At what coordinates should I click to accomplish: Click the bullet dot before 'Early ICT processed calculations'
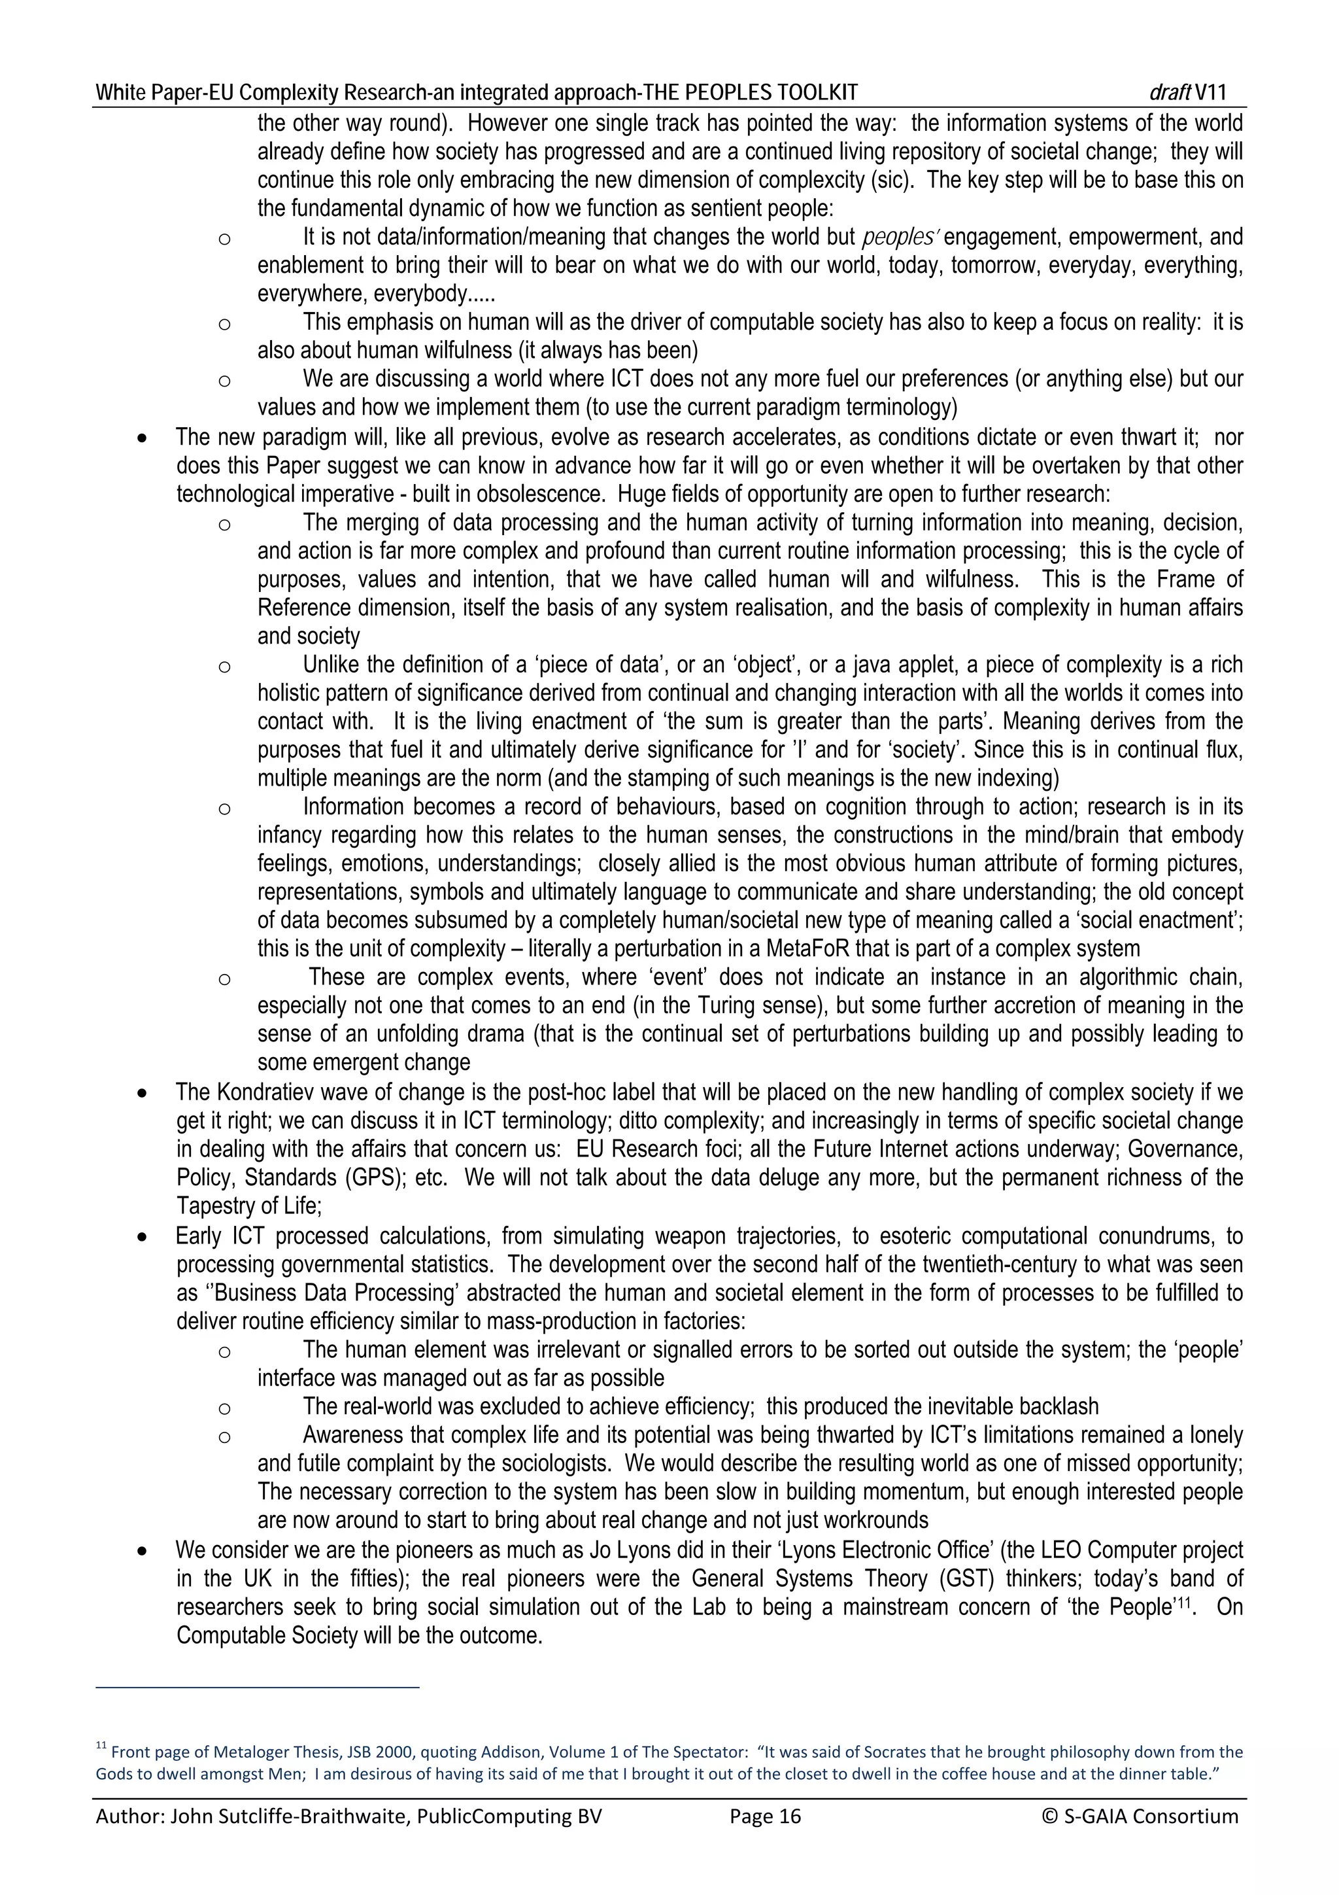point(144,1237)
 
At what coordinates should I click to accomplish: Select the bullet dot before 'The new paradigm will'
point(144,438)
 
